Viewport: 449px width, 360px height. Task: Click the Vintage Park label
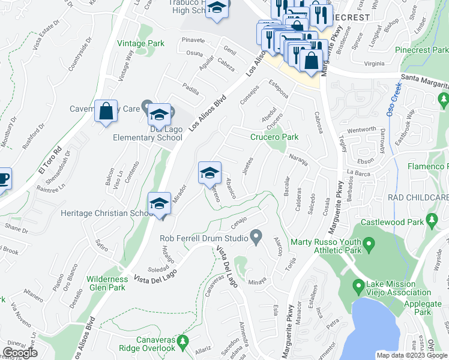(141, 44)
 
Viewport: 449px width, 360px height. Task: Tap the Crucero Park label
(274, 137)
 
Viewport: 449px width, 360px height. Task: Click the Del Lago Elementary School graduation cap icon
(159, 113)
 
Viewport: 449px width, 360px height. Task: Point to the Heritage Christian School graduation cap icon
(159, 203)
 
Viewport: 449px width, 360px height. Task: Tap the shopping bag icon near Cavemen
(106, 111)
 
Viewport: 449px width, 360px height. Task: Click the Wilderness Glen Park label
(107, 283)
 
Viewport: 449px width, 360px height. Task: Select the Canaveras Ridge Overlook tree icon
(185, 341)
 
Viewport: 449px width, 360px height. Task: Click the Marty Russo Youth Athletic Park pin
(370, 243)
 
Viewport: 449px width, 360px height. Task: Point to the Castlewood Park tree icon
(432, 223)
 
